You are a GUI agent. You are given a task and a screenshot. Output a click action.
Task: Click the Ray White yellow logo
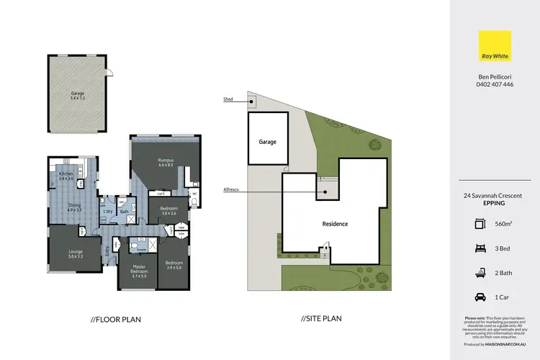(x=495, y=46)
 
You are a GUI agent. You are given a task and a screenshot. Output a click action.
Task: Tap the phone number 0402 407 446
(x=495, y=84)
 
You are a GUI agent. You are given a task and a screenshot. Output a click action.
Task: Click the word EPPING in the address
(x=495, y=203)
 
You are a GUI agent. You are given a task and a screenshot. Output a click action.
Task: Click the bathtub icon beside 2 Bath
(x=480, y=272)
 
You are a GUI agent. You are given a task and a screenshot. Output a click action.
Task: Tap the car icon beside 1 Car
(x=480, y=296)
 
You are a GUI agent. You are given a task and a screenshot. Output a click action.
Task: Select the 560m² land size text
(x=507, y=224)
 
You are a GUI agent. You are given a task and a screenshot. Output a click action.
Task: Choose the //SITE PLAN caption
(x=321, y=318)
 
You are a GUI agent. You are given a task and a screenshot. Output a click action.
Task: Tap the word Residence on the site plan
(x=335, y=224)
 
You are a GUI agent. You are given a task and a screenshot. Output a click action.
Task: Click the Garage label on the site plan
(x=268, y=142)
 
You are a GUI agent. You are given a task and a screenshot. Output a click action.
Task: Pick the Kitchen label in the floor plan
(x=66, y=175)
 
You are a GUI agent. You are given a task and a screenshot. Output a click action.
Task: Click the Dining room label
(x=75, y=207)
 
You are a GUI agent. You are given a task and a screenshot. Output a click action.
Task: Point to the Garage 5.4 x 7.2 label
(x=77, y=95)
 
